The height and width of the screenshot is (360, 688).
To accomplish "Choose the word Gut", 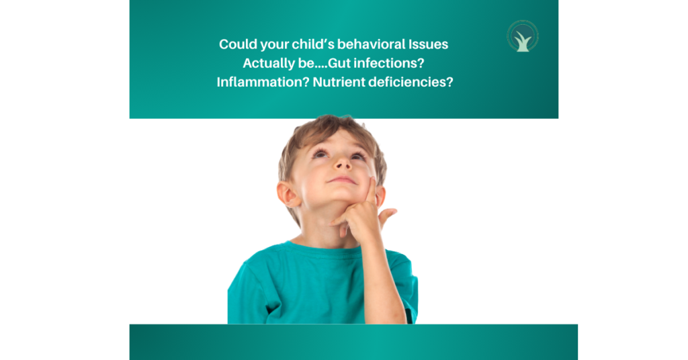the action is pos(339,63).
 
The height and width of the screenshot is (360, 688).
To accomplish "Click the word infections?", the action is pos(389,63).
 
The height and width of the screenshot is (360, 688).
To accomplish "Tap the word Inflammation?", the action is pos(263,82).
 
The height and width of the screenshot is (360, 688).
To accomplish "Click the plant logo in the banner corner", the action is pos(523,36).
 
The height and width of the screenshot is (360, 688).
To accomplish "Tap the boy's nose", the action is pos(342,163).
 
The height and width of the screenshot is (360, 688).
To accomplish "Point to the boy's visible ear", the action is pos(288,194).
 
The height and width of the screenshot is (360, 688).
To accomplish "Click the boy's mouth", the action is pos(342,180).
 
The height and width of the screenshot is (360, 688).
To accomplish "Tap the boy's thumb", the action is pos(386,217).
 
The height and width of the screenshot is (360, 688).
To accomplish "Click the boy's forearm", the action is pos(382,281).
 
